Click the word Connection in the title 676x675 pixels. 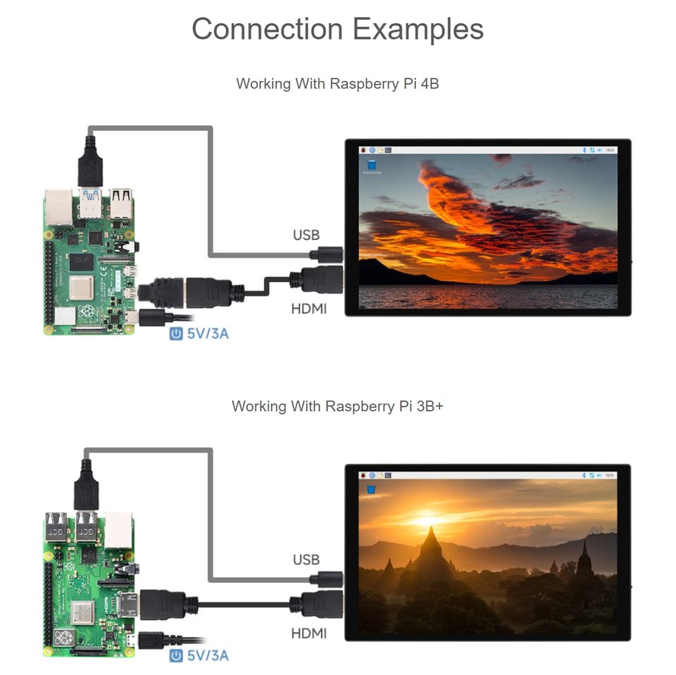(x=268, y=30)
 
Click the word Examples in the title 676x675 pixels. (x=418, y=30)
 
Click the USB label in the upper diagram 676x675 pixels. (x=306, y=235)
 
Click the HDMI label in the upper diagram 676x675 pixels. (x=309, y=308)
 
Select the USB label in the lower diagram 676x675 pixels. (x=306, y=560)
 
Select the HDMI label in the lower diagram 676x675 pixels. (x=309, y=633)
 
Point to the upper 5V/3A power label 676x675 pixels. (x=208, y=333)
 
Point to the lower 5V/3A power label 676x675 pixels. (x=208, y=656)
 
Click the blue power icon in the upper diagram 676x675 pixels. (x=176, y=333)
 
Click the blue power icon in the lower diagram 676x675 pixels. (x=176, y=656)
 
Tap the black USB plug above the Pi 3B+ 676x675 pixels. (x=86, y=486)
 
